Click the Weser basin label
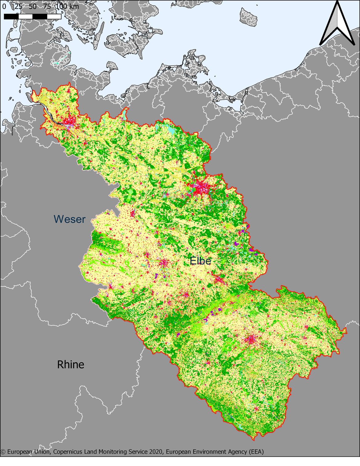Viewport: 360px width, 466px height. pos(70,219)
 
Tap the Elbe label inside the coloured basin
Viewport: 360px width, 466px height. pos(200,261)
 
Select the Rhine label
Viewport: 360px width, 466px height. pos(70,364)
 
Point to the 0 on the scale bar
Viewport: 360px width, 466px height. pos(4,6)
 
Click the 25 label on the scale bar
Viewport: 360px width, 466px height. pos(18,6)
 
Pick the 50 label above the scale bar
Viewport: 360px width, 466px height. pos(33,6)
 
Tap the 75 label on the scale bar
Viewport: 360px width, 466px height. pos(47,6)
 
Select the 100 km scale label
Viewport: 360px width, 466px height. pos(68,6)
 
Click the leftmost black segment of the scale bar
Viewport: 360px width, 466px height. pos(11,17)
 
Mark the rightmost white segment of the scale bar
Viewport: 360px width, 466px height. pos(54,17)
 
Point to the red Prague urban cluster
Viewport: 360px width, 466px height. pos(252,339)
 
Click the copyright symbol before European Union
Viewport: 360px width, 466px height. pos(3,452)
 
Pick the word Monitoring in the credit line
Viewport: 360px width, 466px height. pos(115,452)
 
